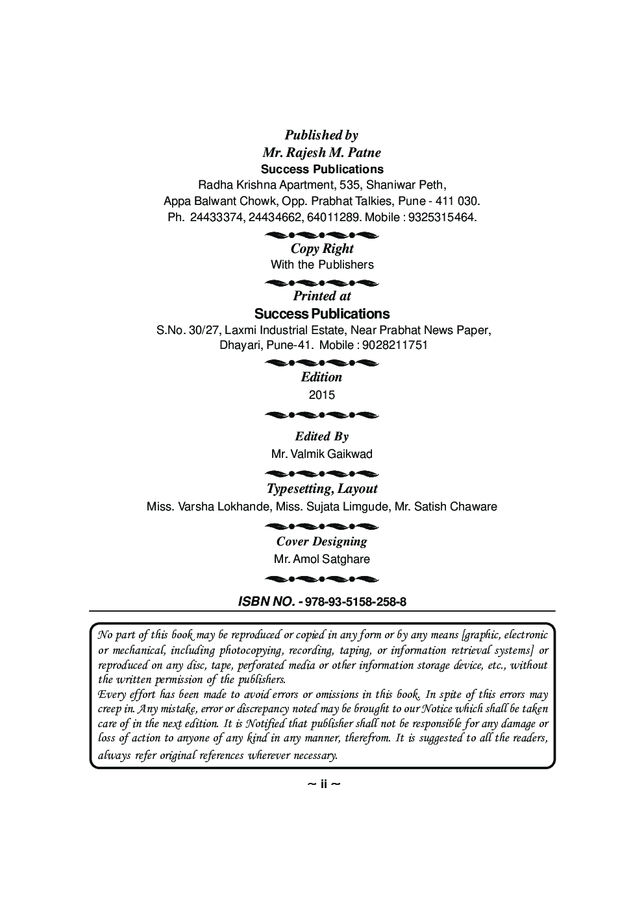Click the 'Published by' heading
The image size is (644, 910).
click(321, 135)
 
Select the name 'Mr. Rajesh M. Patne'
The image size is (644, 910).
click(321, 152)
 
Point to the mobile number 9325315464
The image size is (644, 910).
click(441, 217)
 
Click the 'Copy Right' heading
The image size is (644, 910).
click(322, 248)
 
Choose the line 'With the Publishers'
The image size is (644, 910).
click(322, 265)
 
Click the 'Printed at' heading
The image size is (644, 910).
click(322, 296)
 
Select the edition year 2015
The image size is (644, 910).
click(322, 395)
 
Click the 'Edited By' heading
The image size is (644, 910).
click(322, 437)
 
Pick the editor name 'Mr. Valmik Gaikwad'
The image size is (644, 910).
click(322, 454)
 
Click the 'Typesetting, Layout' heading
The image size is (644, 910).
click(322, 488)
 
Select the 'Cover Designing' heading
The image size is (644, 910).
click(322, 542)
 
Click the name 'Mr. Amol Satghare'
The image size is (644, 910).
click(322, 559)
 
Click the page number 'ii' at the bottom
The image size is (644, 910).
click(323, 784)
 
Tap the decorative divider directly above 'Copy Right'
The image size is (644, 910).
click(322, 233)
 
